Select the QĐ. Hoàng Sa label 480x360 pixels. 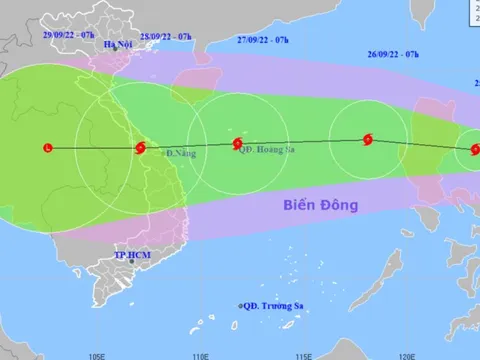click(x=268, y=151)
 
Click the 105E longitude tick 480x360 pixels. click(x=97, y=354)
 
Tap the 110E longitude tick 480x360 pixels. click(x=201, y=354)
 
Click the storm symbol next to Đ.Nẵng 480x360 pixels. click(x=139, y=150)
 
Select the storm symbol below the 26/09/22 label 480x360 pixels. click(x=367, y=141)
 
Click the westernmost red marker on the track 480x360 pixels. click(x=47, y=149)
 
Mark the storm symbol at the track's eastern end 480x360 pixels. click(x=473, y=152)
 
